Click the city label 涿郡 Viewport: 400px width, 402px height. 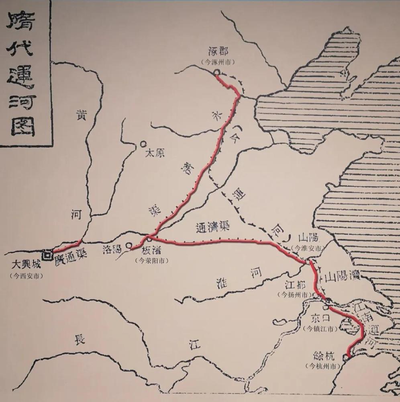coord(218,52)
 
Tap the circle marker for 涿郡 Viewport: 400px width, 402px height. coord(216,73)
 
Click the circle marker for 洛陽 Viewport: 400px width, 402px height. coord(129,245)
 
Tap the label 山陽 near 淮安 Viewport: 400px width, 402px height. coord(307,238)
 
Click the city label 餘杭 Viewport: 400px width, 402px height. coord(324,356)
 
